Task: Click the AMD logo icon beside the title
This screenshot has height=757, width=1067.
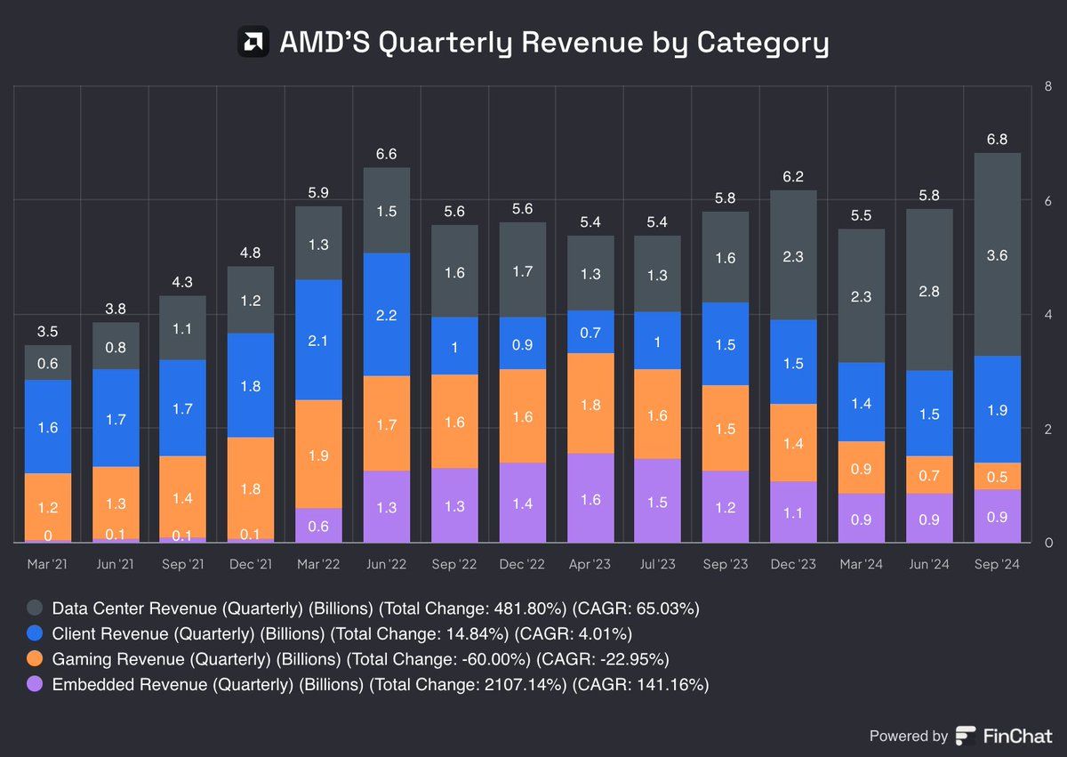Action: coord(253,42)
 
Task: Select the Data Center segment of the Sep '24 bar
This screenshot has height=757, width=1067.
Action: coord(998,254)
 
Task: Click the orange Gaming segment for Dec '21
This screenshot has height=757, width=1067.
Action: coord(251,487)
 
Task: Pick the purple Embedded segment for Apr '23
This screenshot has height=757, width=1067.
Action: coord(591,498)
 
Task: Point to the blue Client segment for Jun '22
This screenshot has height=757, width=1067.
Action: coord(387,314)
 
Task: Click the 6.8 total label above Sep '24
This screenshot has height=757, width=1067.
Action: coord(998,139)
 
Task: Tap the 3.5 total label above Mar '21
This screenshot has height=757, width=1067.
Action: coord(47,331)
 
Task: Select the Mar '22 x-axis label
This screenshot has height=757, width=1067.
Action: coord(318,565)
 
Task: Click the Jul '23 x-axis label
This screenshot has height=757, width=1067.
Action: coord(658,565)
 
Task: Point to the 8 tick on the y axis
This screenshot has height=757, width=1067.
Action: coord(1050,86)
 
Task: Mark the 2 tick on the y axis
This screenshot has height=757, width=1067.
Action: coord(1050,429)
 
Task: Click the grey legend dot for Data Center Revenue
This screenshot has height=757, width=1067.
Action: coord(35,609)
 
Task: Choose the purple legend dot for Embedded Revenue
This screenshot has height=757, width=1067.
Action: coord(35,684)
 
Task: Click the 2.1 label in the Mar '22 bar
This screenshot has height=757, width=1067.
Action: coord(318,339)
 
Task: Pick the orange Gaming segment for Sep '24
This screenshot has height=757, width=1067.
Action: coord(998,476)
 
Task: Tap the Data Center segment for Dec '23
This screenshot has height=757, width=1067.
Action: coord(794,255)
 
